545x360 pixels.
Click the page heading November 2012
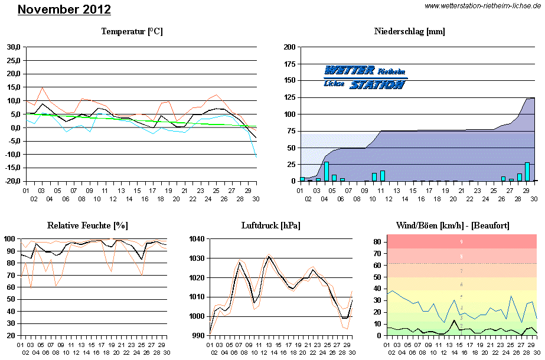pos(64,10)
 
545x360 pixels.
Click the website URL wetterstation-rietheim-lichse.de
pos(483,6)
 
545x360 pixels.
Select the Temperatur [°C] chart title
pos(132,31)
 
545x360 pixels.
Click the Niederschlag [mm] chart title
pos(409,31)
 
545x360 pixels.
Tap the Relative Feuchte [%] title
pos(87,225)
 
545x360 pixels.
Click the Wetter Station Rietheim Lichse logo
pos(365,77)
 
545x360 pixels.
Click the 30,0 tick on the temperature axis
pos(14,47)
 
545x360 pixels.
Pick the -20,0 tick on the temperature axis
pos(12,181)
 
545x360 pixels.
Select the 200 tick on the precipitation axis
pos(289,47)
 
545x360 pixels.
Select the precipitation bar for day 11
pos(383,176)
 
